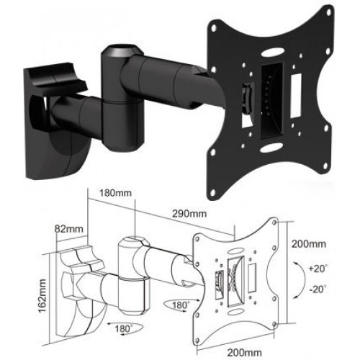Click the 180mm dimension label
click(116, 193)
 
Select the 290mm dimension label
click(189, 213)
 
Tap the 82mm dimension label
click(68, 229)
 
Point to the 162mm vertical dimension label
click(42, 295)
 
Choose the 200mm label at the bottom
click(244, 352)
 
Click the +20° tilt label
click(318, 269)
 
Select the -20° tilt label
click(318, 289)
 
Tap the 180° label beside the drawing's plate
click(181, 305)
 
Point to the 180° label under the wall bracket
click(123, 328)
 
